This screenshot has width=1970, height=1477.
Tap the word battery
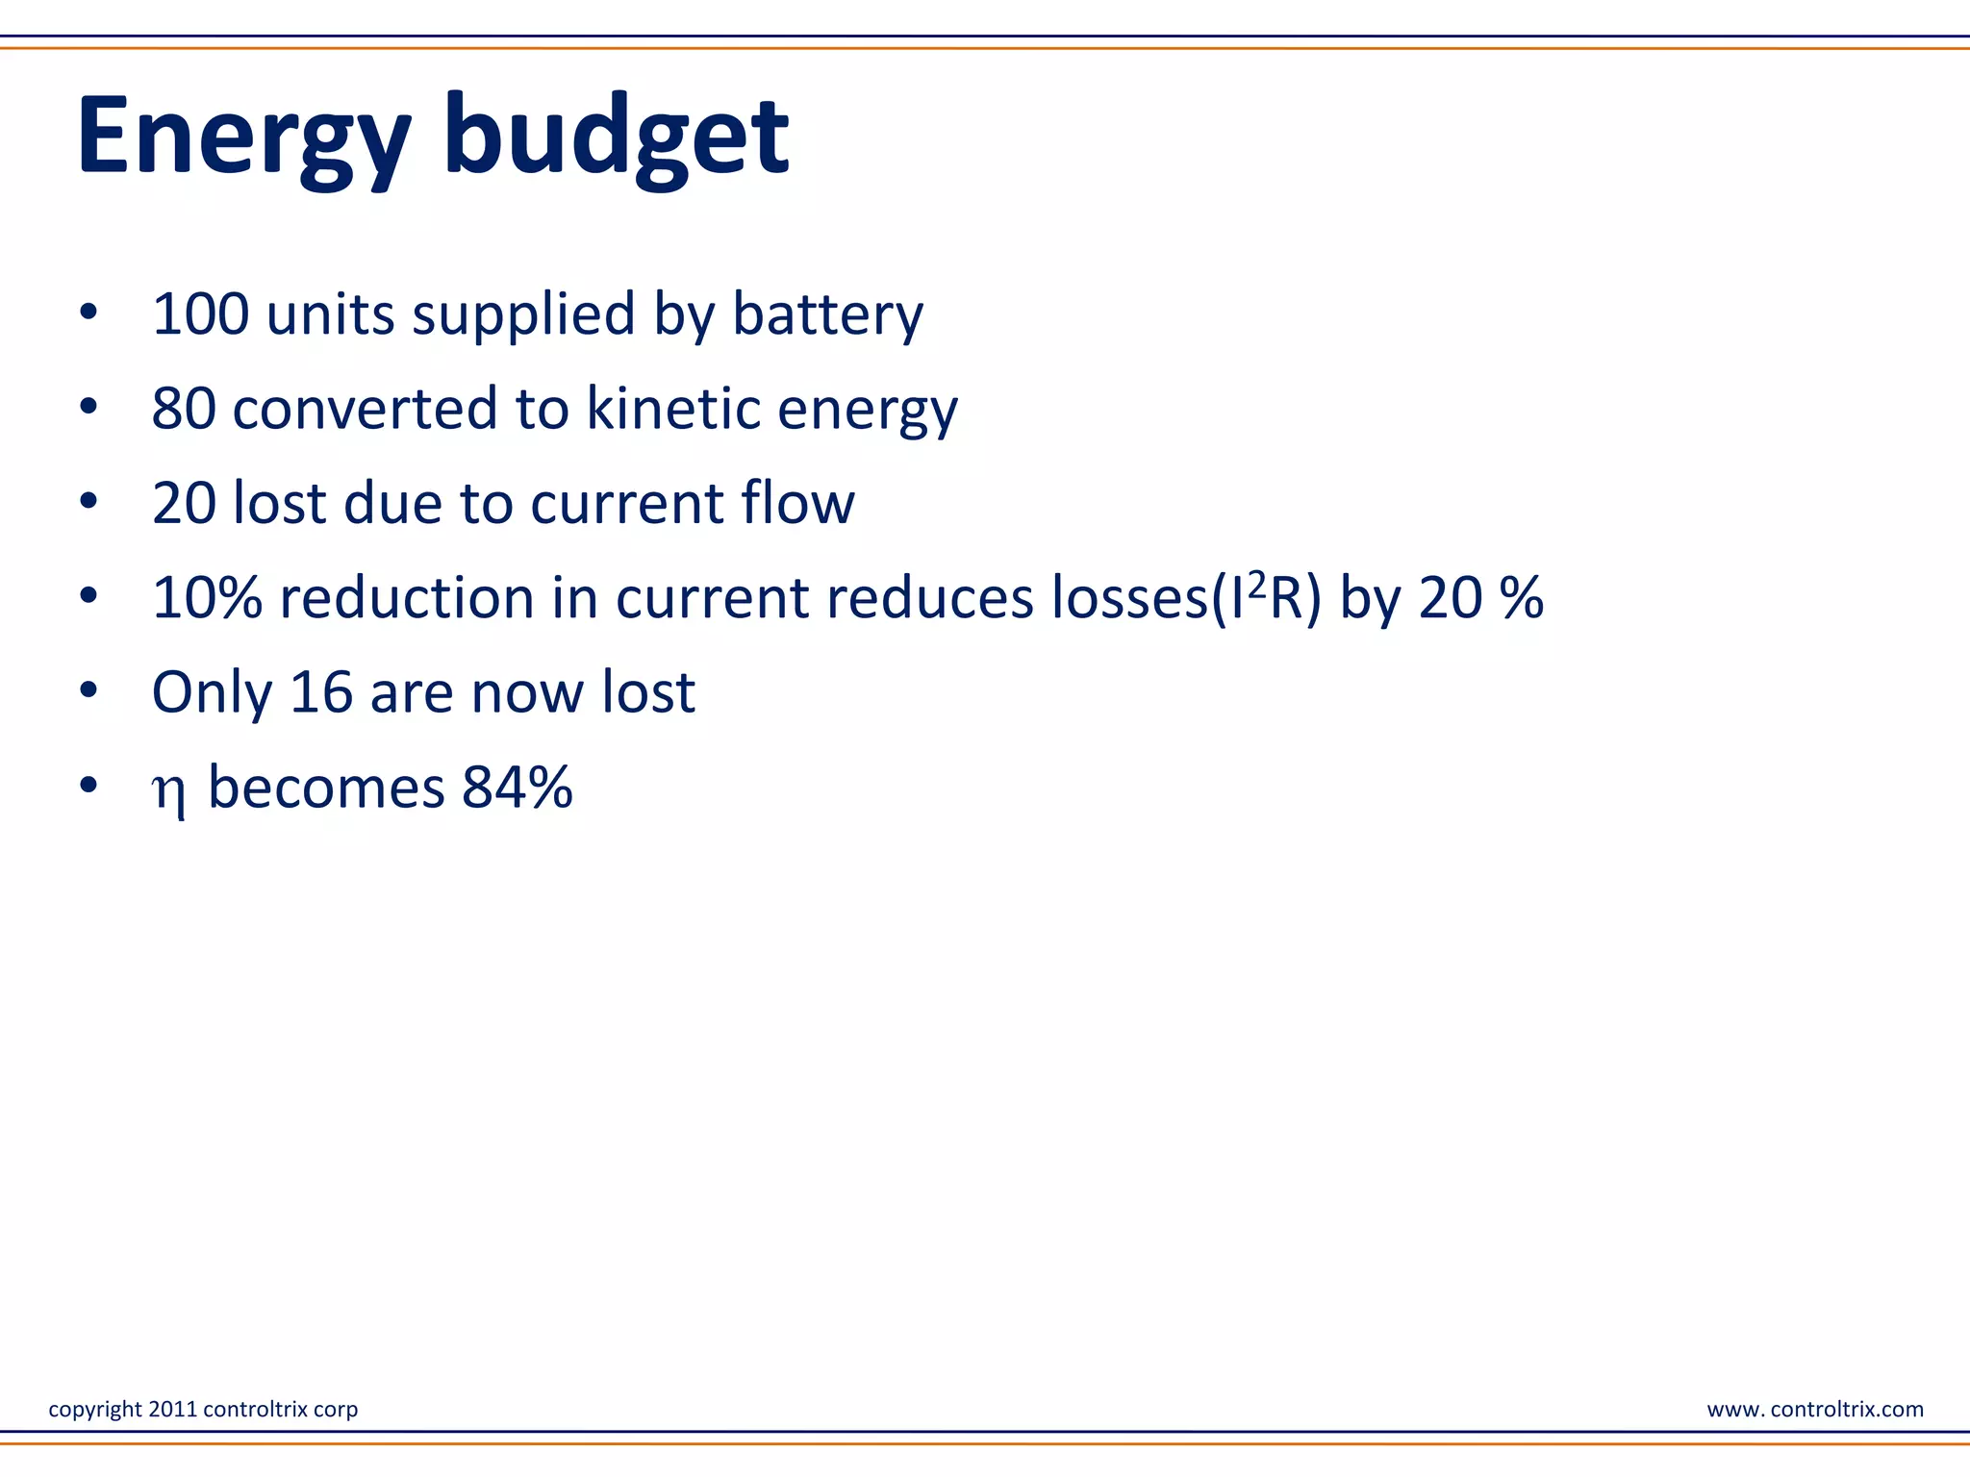coord(827,315)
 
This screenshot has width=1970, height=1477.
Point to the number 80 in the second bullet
coord(183,408)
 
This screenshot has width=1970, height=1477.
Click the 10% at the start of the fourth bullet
coord(207,597)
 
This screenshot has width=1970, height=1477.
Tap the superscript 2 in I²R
coord(1256,584)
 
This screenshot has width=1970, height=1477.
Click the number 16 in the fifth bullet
coord(320,691)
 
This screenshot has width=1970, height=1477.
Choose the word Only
coord(212,693)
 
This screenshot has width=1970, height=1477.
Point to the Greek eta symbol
coord(168,791)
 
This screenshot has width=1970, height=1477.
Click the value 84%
coord(517,787)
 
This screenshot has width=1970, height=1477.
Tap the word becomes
coord(326,787)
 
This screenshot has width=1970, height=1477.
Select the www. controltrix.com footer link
coord(1814,1409)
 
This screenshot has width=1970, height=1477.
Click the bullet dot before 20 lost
coord(88,501)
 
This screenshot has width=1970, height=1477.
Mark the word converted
coord(366,408)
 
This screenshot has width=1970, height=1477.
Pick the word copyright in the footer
coord(95,1410)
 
